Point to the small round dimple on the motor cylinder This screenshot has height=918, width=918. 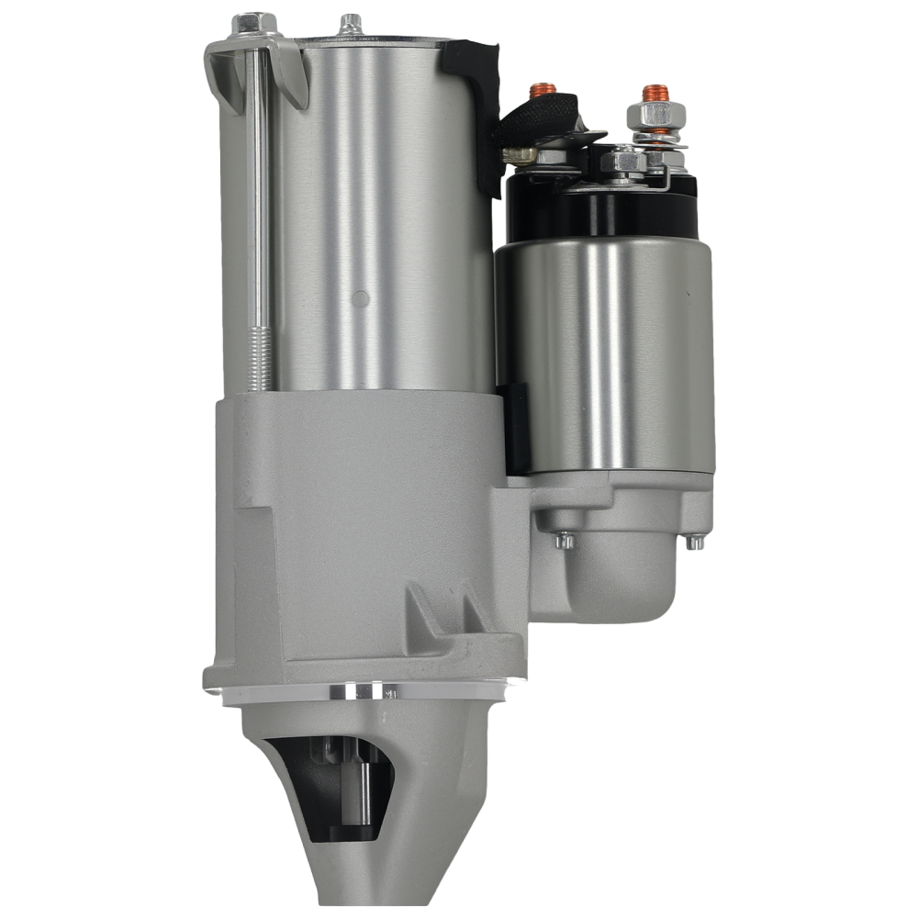361,298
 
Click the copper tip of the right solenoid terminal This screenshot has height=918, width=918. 654,93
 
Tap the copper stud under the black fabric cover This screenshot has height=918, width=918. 543,90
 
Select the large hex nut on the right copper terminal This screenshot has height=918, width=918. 650,117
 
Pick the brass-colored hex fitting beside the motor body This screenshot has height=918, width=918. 520,155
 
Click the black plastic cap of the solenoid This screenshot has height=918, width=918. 601,207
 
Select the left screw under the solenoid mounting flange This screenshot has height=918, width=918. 565,540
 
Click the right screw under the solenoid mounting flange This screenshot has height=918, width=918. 696,541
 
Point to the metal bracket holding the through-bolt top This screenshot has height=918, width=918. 229,69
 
